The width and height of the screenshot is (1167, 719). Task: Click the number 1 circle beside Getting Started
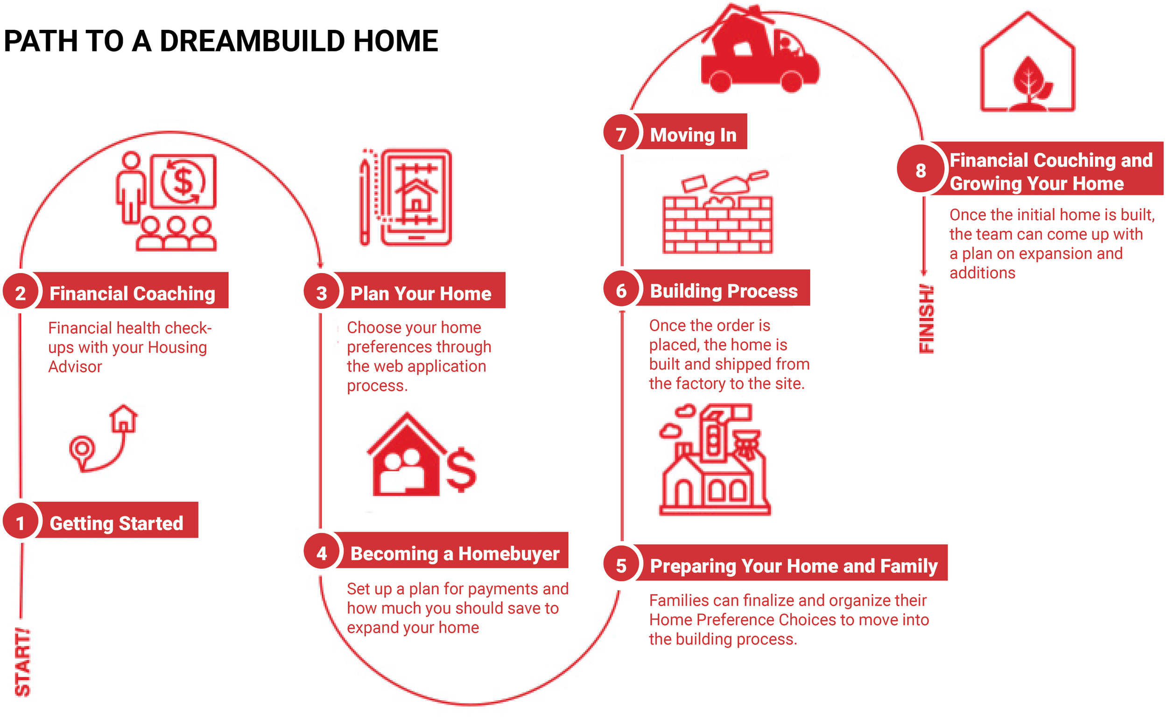point(20,523)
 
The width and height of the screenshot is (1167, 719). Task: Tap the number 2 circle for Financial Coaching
point(20,293)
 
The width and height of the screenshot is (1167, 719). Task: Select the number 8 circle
point(921,170)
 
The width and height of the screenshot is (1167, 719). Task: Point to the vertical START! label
point(22,662)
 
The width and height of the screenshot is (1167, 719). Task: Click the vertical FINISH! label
point(926,319)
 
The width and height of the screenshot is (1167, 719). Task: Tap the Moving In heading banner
point(693,134)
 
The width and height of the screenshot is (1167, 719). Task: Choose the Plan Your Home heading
point(421,293)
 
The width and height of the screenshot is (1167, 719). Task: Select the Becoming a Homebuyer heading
point(454,553)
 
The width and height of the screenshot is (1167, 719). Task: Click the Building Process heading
point(723,291)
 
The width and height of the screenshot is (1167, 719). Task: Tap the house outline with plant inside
point(1027,64)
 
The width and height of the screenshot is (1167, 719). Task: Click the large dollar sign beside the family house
point(461,469)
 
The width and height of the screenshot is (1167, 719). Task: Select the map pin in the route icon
point(82,449)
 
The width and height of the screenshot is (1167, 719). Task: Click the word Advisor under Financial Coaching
point(75,367)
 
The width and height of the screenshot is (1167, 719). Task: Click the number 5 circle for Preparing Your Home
point(621,565)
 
